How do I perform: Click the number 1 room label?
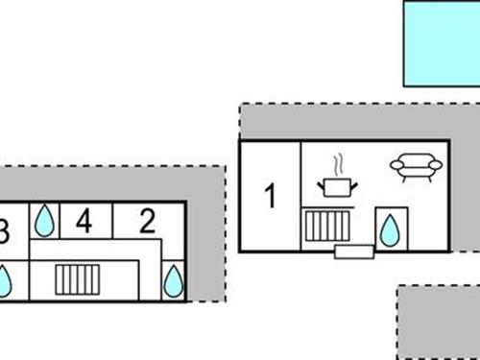[270, 197]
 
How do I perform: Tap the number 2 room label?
[147, 222]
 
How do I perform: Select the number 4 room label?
[84, 222]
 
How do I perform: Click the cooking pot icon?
[337, 184]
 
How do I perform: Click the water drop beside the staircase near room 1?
[390, 230]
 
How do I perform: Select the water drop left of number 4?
[44, 221]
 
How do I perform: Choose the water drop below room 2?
[173, 280]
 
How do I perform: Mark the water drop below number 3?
[4, 280]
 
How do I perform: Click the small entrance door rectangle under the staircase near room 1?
[352, 252]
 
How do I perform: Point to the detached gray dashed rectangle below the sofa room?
[439, 322]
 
